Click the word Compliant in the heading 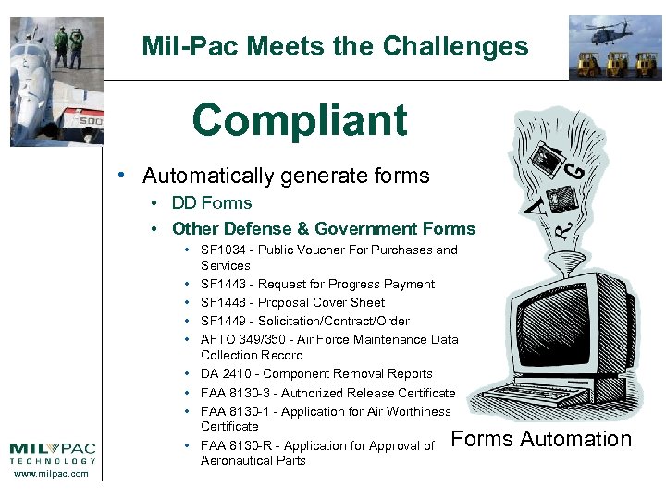pyautogui.click(x=300, y=120)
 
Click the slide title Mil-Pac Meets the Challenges pyautogui.click(x=335, y=46)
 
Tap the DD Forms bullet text pyautogui.click(x=212, y=203)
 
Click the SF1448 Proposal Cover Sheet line pyautogui.click(x=292, y=303)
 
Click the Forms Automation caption pyautogui.click(x=541, y=440)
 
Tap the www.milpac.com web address pyautogui.click(x=53, y=474)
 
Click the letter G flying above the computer pyautogui.click(x=575, y=170)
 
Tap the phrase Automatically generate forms pyautogui.click(x=286, y=176)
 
